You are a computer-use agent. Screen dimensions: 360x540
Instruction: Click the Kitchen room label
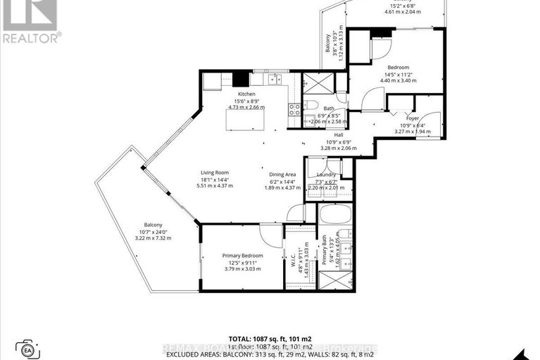246,94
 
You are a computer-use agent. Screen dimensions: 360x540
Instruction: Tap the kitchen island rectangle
246,120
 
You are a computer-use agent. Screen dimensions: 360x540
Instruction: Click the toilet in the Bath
310,106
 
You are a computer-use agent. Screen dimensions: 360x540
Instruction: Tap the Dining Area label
282,174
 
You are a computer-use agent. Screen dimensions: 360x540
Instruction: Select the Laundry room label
327,174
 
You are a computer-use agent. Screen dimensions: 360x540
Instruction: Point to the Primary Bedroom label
242,255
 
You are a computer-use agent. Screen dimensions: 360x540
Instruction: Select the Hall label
339,135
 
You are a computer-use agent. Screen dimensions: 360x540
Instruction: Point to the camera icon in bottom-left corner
29,350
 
